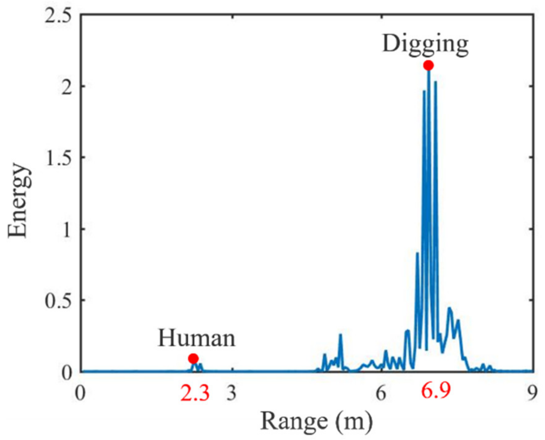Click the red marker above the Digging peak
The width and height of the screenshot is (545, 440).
click(x=428, y=65)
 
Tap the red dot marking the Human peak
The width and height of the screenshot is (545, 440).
click(x=193, y=359)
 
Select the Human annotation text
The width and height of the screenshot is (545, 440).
click(x=197, y=339)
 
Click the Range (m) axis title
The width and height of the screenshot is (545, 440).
click(x=316, y=422)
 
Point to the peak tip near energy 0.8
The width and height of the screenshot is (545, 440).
click(x=417, y=253)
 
